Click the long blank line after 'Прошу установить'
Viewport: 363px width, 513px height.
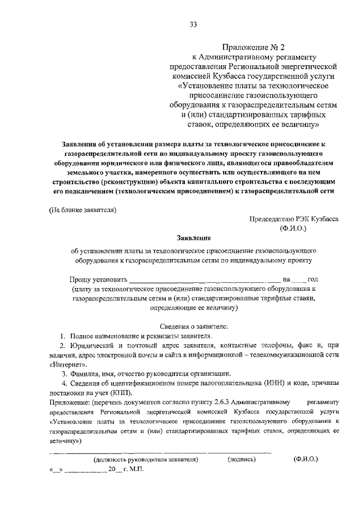click(x=205, y=280)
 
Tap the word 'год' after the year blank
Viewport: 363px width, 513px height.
click(x=313, y=279)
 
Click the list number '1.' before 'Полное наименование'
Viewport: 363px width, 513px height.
click(x=65, y=337)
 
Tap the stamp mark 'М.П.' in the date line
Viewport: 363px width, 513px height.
click(x=137, y=470)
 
